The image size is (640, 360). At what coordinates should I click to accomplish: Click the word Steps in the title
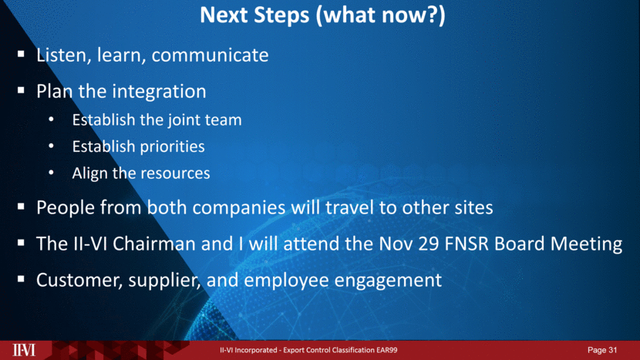point(281,15)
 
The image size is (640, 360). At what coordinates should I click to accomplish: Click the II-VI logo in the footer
point(24,350)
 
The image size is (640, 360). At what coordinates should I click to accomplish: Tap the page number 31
point(613,350)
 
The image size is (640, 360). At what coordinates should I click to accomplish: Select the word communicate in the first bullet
point(210,55)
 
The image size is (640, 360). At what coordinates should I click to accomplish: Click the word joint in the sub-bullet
point(186,120)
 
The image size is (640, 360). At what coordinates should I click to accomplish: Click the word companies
point(239,208)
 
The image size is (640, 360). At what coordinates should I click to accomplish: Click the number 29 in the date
point(429,244)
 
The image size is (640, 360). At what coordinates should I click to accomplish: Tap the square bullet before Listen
point(22,54)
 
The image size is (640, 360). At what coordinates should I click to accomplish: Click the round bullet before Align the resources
point(51,173)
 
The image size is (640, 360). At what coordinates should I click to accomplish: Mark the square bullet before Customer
point(22,279)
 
